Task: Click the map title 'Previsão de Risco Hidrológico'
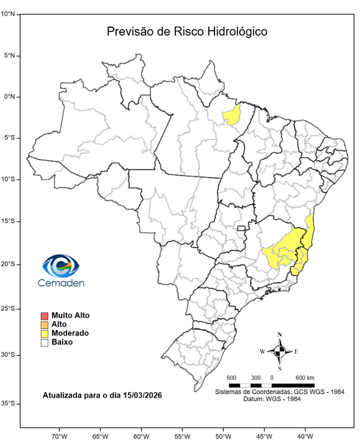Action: pyautogui.click(x=187, y=32)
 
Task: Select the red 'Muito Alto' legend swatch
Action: pyautogui.click(x=44, y=315)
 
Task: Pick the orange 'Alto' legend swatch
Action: pyautogui.click(x=44, y=325)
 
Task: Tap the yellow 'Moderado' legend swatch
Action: pyautogui.click(x=44, y=333)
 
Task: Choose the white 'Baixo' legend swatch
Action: pyautogui.click(x=44, y=342)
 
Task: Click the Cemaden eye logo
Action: pyautogui.click(x=60, y=266)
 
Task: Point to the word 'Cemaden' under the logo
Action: pyautogui.click(x=61, y=283)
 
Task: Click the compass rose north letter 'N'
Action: pyautogui.click(x=279, y=335)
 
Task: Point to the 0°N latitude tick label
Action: pyautogui.click(x=10, y=97)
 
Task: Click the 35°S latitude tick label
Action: pyautogui.click(x=8, y=404)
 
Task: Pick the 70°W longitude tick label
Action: pyautogui.click(x=59, y=436)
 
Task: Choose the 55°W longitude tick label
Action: pyautogui.click(x=182, y=436)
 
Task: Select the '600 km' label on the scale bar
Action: pyautogui.click(x=305, y=378)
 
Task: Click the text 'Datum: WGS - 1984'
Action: pyautogui.click(x=279, y=399)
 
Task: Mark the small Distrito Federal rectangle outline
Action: pyautogui.click(x=242, y=228)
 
